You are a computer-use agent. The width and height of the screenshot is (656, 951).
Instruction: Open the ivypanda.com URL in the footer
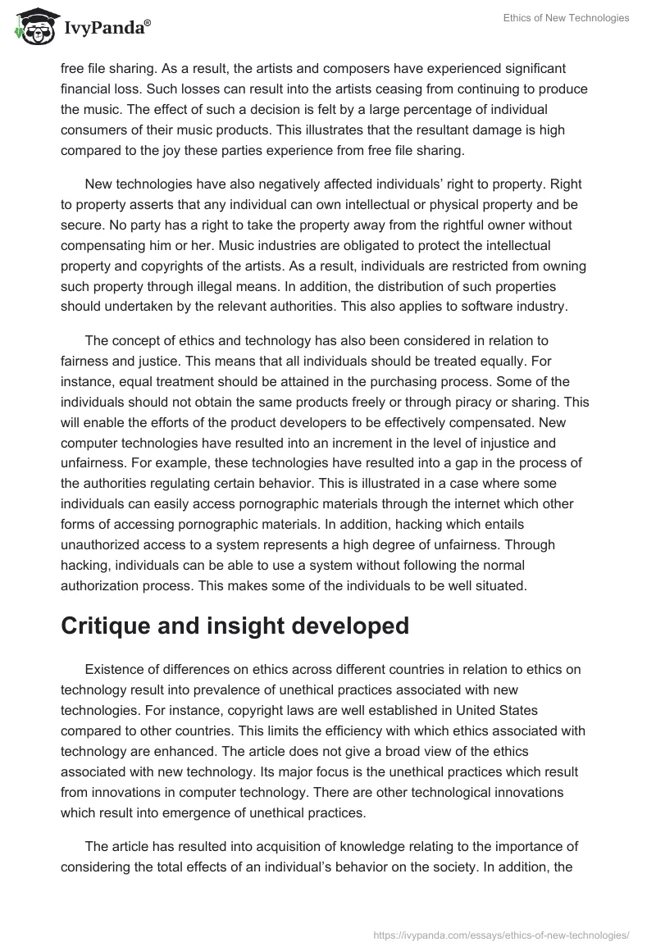click(x=499, y=933)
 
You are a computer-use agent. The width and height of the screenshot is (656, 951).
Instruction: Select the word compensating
click(x=104, y=244)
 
